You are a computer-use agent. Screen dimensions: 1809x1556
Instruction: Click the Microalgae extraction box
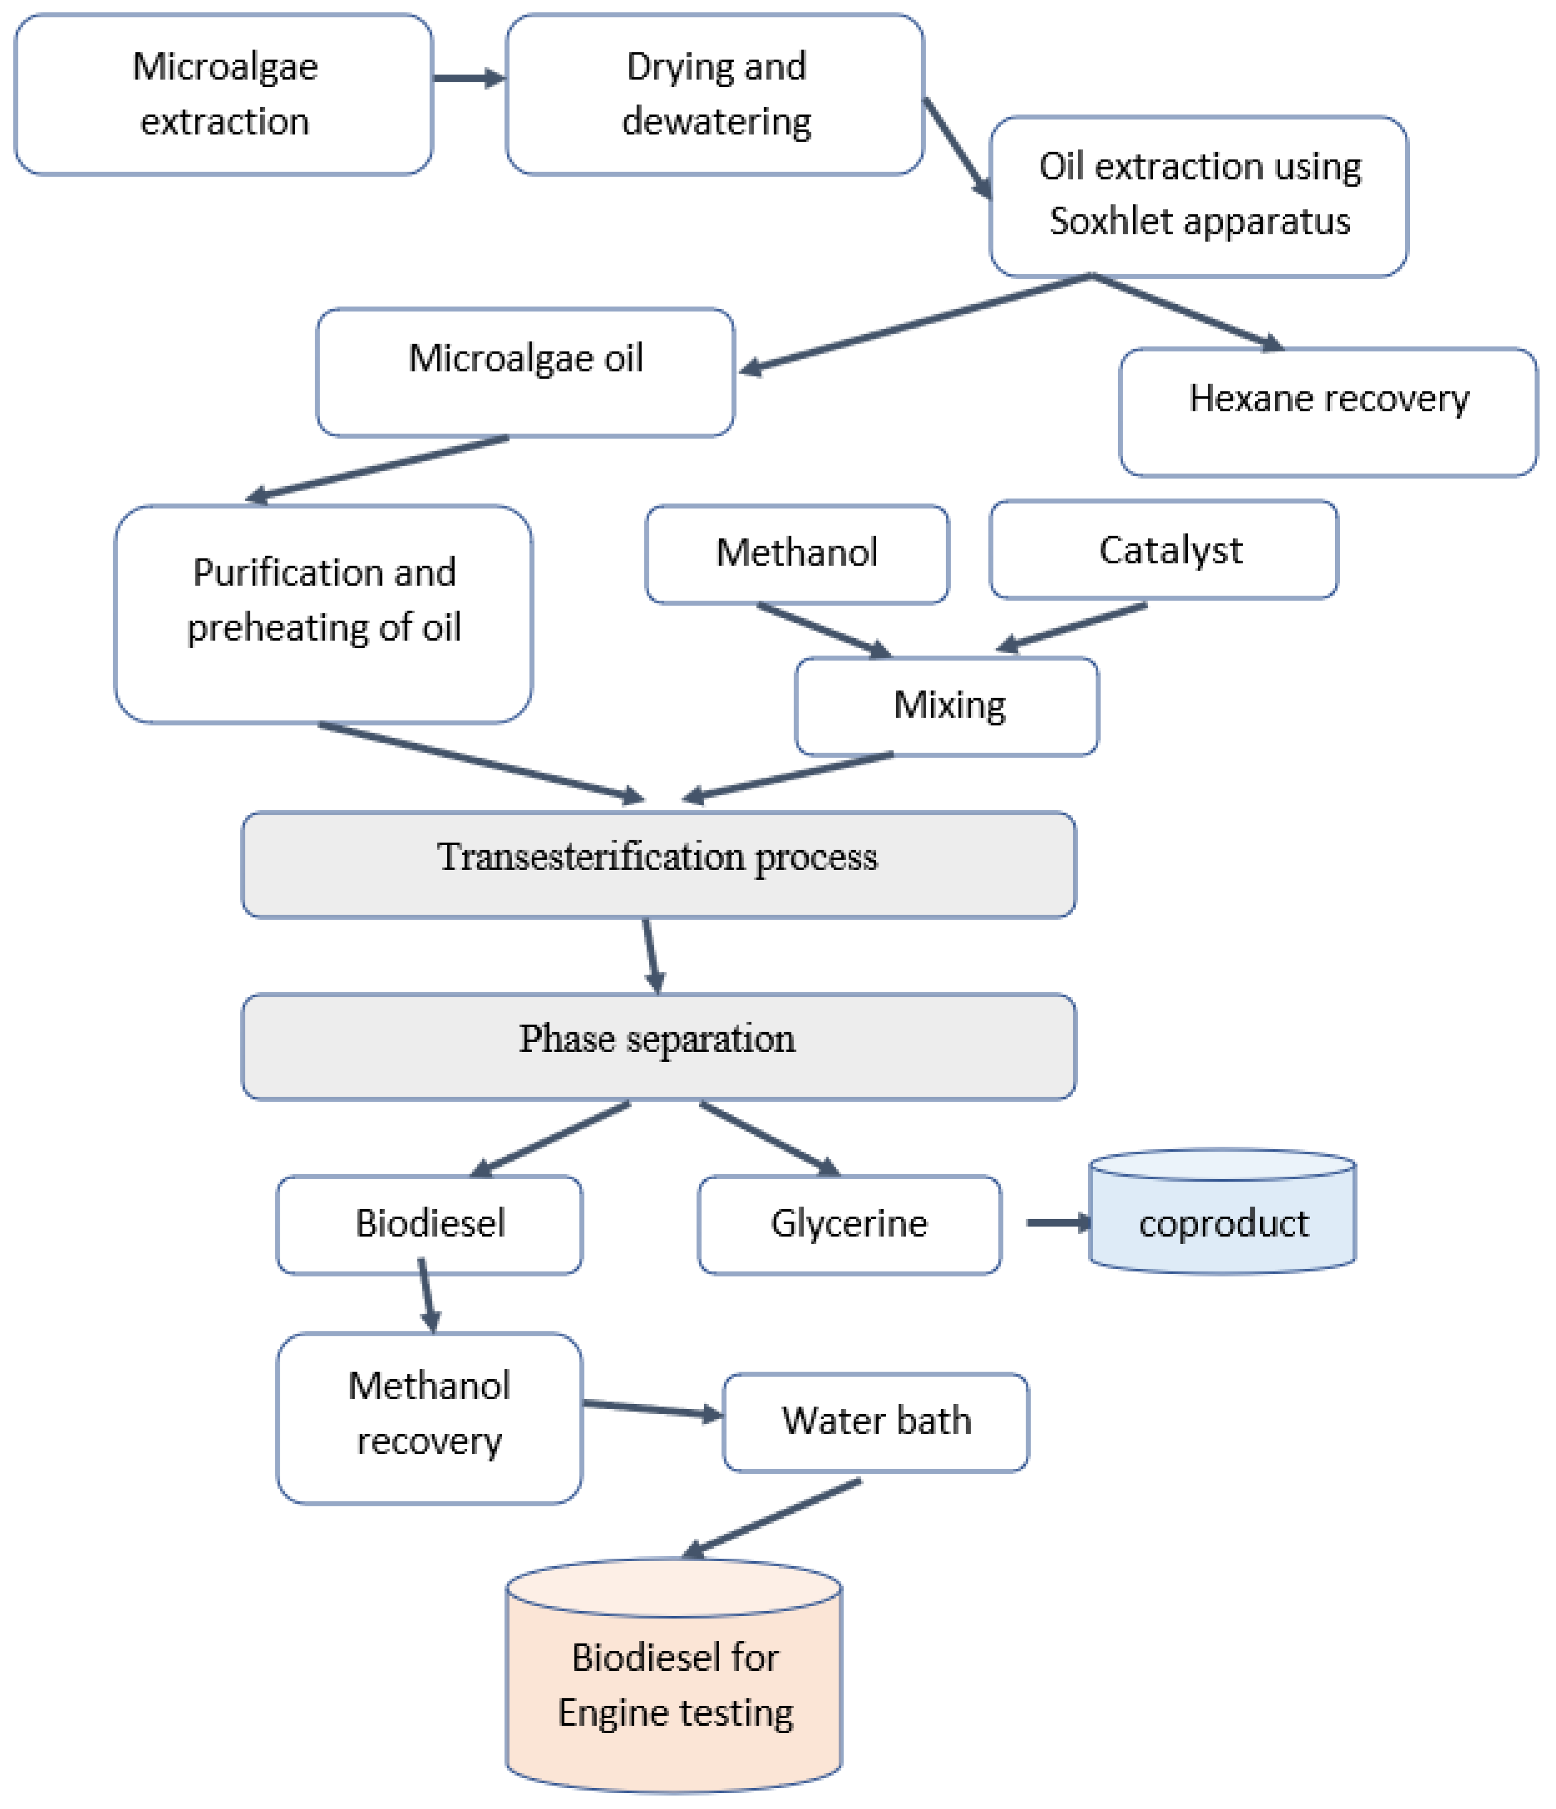(223, 94)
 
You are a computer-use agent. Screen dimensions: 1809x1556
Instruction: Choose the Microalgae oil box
(525, 372)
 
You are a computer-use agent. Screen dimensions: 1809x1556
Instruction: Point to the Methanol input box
(796, 553)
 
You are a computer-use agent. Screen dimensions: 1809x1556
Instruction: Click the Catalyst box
(1163, 550)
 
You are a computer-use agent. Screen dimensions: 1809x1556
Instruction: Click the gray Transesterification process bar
(658, 864)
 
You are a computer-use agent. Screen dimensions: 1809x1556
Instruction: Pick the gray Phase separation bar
(658, 1046)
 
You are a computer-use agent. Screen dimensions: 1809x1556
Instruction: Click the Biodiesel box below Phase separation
(429, 1224)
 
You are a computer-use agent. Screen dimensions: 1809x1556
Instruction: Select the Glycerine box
(849, 1224)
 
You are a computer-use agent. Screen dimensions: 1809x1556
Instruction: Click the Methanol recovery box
(429, 1418)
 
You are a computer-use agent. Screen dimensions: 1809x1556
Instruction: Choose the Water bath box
(876, 1422)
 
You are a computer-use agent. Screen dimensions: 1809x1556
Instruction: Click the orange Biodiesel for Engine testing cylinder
(674, 1685)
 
